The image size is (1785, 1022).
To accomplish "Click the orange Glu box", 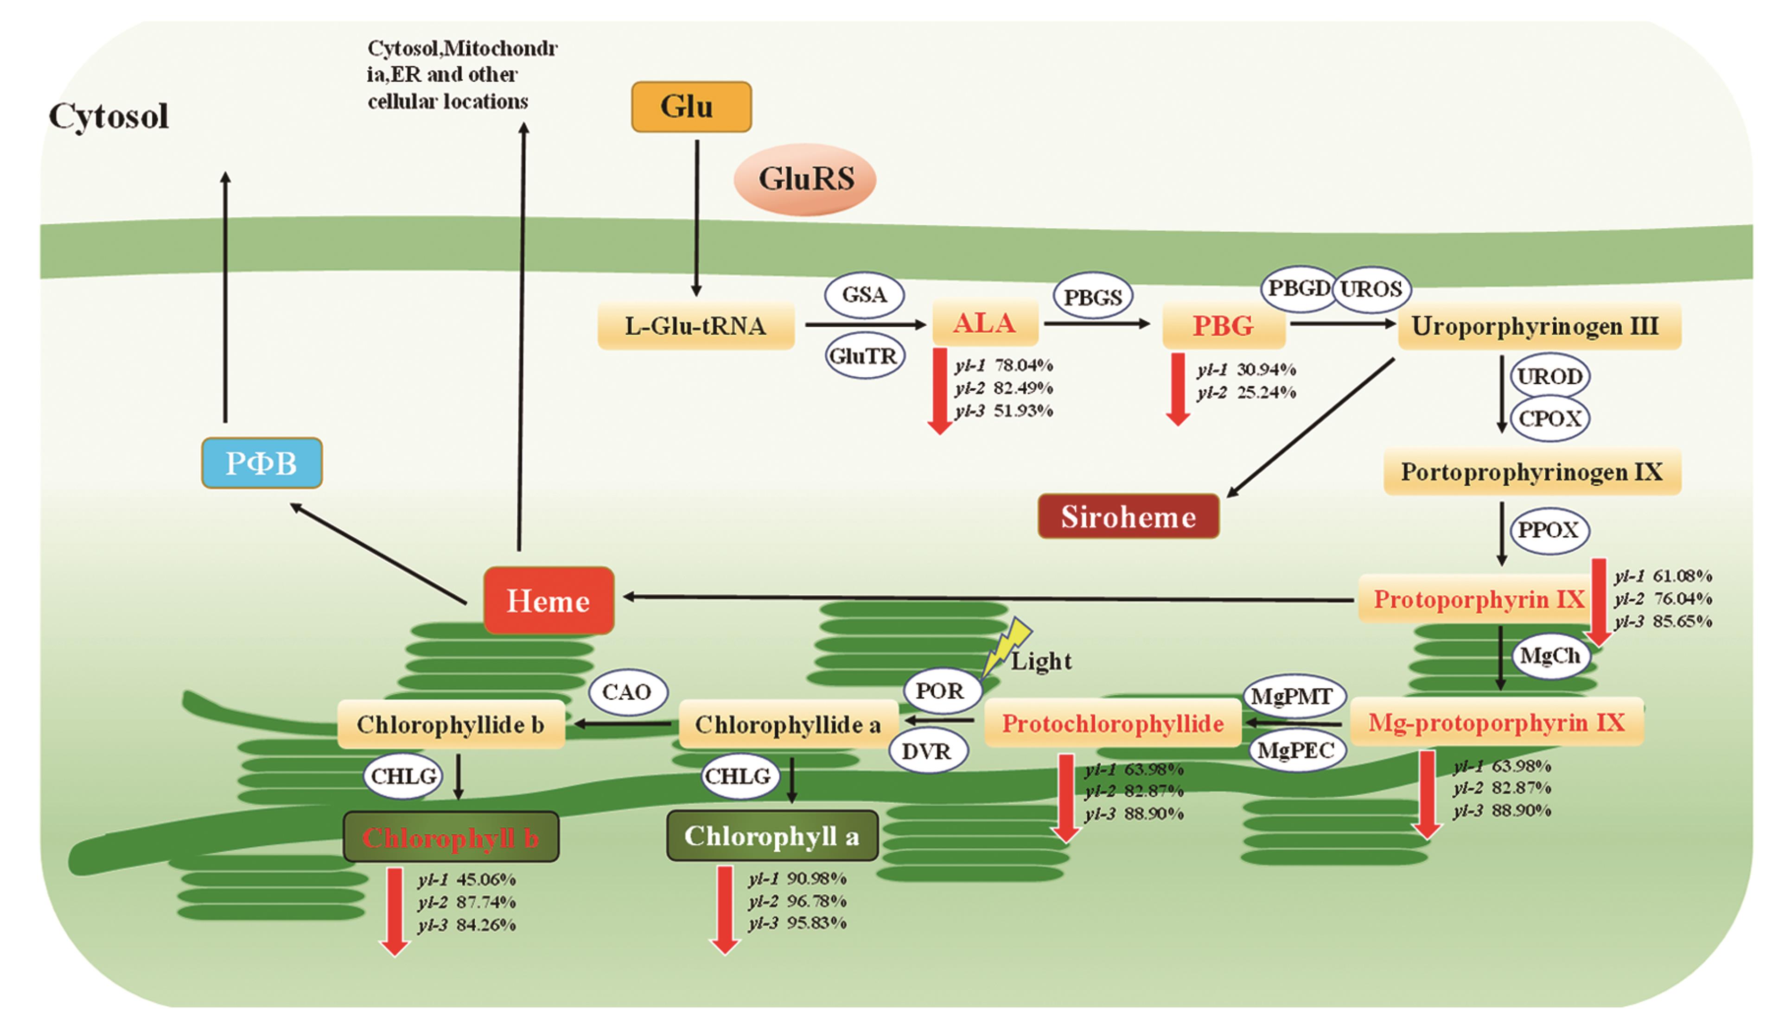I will pos(691,107).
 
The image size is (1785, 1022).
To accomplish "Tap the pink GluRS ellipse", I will pos(805,179).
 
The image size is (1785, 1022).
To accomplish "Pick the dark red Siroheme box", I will pos(1128,517).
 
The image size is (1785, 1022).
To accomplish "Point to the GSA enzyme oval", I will pos(864,295).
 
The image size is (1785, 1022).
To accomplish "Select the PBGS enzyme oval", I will pos(1093,297).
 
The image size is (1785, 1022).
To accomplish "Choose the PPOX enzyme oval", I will pos(1549,530).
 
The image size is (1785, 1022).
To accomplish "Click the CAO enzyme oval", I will pos(627,692).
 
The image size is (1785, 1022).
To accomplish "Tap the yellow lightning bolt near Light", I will pos(1006,646).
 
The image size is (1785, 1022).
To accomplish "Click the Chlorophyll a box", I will pos(771,836).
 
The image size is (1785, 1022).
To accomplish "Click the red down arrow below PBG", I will pos(1177,390).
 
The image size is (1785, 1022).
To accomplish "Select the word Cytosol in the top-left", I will pos(109,116).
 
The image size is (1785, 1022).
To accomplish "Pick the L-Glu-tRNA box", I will pos(695,326).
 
